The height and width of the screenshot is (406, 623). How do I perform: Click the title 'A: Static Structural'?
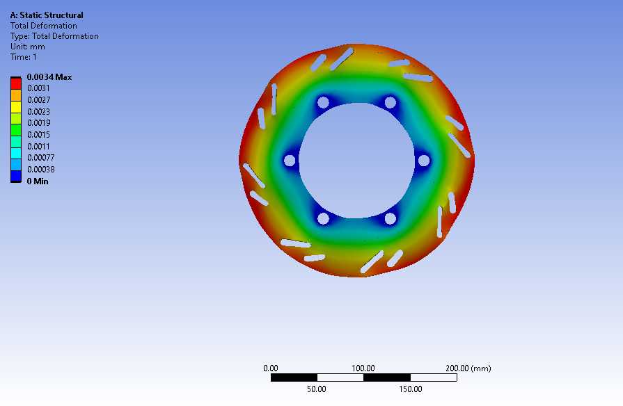tap(47, 15)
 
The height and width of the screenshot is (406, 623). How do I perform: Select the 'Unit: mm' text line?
tap(27, 47)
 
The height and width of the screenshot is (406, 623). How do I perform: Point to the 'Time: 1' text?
tap(24, 57)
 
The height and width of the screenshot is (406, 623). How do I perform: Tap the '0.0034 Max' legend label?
tap(49, 77)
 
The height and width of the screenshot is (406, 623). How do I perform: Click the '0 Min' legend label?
tap(38, 181)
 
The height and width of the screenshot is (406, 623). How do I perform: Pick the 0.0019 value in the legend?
tap(38, 123)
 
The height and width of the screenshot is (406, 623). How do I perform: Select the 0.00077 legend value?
tap(41, 158)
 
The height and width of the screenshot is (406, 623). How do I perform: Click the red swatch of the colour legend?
tap(16, 83)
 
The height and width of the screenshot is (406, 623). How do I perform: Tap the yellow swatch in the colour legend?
tap(16, 107)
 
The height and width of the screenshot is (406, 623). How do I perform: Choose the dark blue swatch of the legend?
tap(16, 176)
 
